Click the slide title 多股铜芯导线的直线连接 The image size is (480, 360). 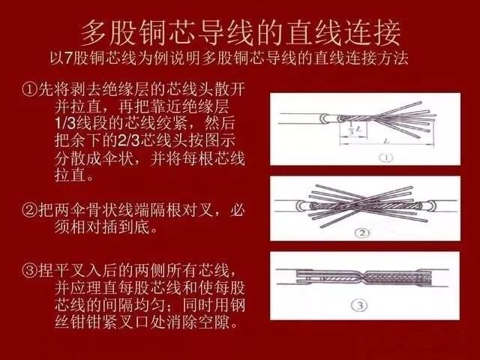click(241, 33)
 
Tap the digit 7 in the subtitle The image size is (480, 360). click(68, 58)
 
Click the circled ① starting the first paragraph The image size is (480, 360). click(30, 88)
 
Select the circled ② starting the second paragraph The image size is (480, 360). click(30, 210)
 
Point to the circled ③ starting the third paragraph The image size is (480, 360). click(30, 271)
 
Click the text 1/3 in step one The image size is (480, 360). click(65, 123)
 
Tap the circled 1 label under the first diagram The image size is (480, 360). click(386, 157)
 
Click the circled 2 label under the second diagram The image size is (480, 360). click(362, 233)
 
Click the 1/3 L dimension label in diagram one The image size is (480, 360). click(355, 129)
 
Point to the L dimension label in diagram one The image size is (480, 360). click(387, 141)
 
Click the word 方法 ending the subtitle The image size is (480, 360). click(393, 58)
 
